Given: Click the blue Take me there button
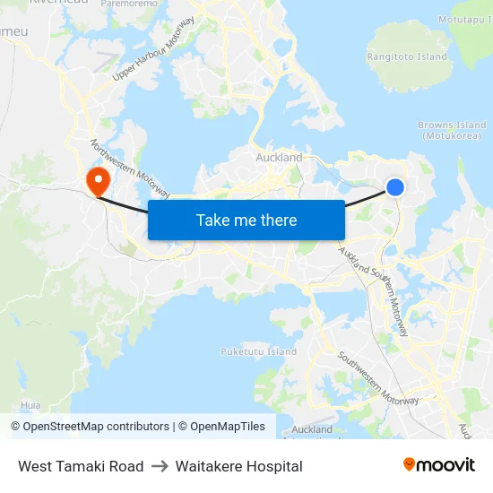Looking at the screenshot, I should (x=246, y=220).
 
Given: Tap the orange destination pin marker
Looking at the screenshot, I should (x=97, y=181).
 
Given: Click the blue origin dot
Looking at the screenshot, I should (x=395, y=186).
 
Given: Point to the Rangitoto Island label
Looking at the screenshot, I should (x=407, y=56).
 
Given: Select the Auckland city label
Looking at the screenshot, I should (x=279, y=158).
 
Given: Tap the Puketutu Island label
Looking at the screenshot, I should (x=258, y=351).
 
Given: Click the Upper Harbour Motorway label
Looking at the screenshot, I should (x=154, y=49).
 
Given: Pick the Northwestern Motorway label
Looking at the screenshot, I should (x=129, y=169).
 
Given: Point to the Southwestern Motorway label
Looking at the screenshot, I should (x=377, y=377).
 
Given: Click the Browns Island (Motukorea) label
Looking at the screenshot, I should (x=453, y=131).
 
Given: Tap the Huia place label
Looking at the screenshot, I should (x=30, y=405).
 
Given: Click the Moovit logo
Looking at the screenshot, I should (x=438, y=465).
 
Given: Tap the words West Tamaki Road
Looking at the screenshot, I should (x=81, y=466).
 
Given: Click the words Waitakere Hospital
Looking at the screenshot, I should (x=239, y=466).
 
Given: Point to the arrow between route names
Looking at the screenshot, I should (x=160, y=466).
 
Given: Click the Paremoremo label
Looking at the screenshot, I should (x=129, y=4).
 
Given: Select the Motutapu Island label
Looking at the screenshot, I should (x=465, y=19).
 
